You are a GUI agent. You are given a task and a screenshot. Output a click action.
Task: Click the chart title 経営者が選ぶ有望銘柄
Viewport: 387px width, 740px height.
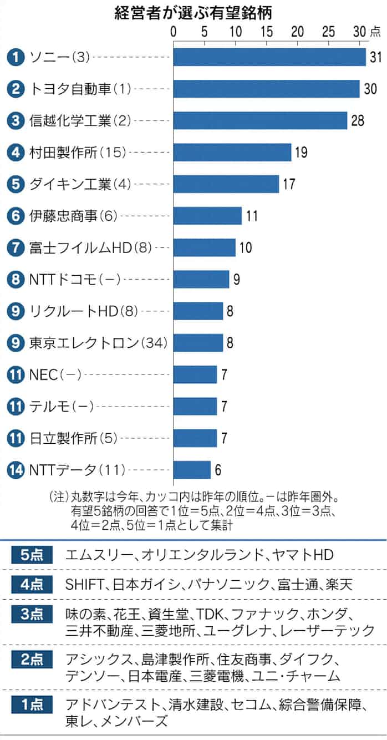point(193,12)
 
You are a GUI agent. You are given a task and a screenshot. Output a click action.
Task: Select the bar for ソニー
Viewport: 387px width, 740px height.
point(269,57)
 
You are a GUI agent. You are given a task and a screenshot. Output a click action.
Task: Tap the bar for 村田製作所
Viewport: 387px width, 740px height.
point(232,152)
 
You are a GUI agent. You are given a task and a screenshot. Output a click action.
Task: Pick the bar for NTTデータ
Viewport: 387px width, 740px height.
point(192,470)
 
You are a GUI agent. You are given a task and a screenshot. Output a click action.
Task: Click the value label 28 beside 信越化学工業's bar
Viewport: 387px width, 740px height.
point(357,120)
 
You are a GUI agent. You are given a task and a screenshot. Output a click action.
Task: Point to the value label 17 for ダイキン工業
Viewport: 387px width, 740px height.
point(289,184)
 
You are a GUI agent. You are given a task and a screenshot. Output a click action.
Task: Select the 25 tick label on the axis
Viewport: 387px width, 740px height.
point(328,32)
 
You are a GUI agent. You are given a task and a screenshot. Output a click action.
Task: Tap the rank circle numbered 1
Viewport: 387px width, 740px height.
point(16,57)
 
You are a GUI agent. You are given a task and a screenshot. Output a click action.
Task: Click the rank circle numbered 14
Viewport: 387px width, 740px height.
point(16,470)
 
